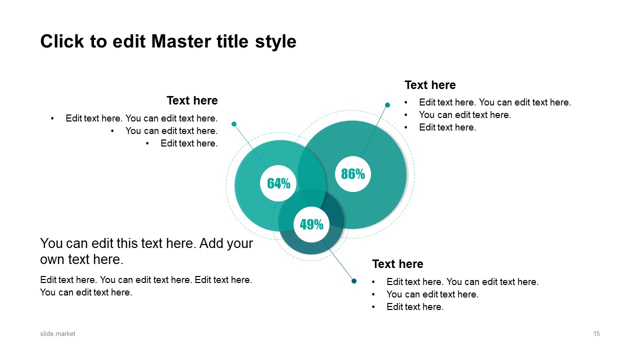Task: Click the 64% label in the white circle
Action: click(x=278, y=183)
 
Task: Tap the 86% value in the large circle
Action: click(x=353, y=174)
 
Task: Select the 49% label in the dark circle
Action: click(x=311, y=225)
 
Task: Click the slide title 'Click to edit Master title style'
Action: click(x=168, y=41)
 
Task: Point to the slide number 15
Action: click(x=596, y=334)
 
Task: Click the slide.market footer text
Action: click(x=57, y=334)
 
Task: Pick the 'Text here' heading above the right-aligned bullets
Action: click(x=192, y=100)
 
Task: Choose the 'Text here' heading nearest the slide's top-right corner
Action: click(x=430, y=85)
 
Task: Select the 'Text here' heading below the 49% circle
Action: click(x=397, y=264)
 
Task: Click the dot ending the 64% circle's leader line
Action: click(x=234, y=124)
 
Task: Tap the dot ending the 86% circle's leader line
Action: click(x=387, y=105)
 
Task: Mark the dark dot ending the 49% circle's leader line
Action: click(x=354, y=281)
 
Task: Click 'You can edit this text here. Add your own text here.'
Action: click(x=146, y=251)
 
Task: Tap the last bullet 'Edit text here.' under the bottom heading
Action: click(x=414, y=307)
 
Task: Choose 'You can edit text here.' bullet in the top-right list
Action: click(x=464, y=115)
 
